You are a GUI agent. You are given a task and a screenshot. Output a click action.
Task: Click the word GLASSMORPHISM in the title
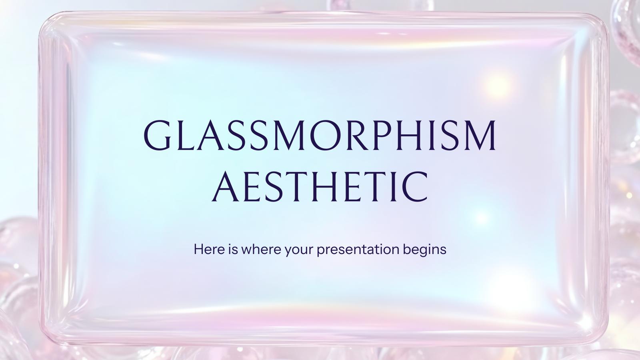pyautogui.click(x=320, y=135)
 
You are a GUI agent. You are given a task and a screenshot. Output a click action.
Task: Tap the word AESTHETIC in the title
pyautogui.click(x=320, y=186)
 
